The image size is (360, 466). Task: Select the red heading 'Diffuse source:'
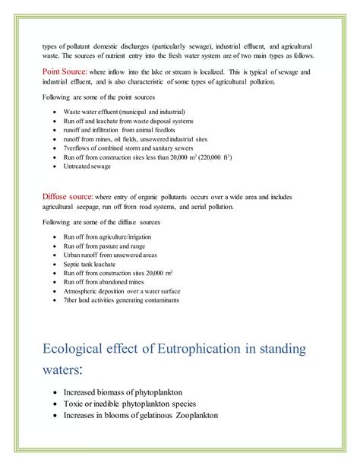(68, 196)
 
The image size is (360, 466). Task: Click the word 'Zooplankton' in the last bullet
(197, 415)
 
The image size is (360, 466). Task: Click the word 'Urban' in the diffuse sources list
(72, 255)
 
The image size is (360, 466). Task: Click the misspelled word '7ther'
(72, 300)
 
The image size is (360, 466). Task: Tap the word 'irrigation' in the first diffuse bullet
(134, 237)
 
